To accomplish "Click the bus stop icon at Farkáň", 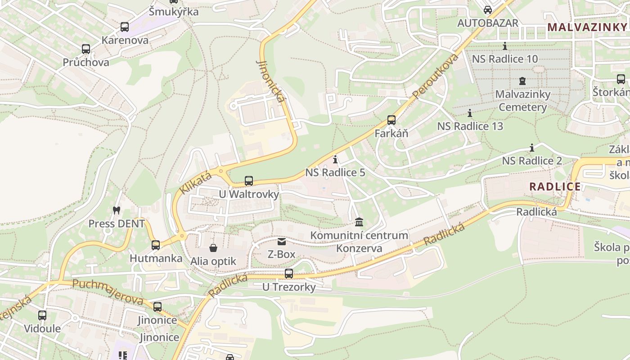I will click(x=391, y=120).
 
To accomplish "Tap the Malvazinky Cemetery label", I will click(x=522, y=101).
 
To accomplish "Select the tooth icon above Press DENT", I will click(x=116, y=210).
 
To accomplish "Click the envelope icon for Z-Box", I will click(x=282, y=242).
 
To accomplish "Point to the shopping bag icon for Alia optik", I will click(x=213, y=248).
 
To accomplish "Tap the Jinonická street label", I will click(x=270, y=81).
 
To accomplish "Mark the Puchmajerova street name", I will click(x=108, y=292).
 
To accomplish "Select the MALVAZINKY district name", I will click(x=587, y=27).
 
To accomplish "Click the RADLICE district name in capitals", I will click(x=555, y=187).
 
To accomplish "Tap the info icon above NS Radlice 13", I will click(x=470, y=113).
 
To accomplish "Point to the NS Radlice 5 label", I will click(x=335, y=173).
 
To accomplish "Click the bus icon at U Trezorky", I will click(x=289, y=274).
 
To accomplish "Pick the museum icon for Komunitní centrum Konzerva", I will click(x=359, y=222).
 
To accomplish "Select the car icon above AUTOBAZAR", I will click(x=488, y=10).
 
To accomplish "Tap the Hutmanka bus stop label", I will click(x=156, y=258).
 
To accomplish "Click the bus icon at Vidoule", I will click(x=42, y=315).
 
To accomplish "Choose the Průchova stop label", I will click(x=85, y=62).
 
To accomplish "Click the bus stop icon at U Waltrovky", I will click(x=249, y=181).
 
